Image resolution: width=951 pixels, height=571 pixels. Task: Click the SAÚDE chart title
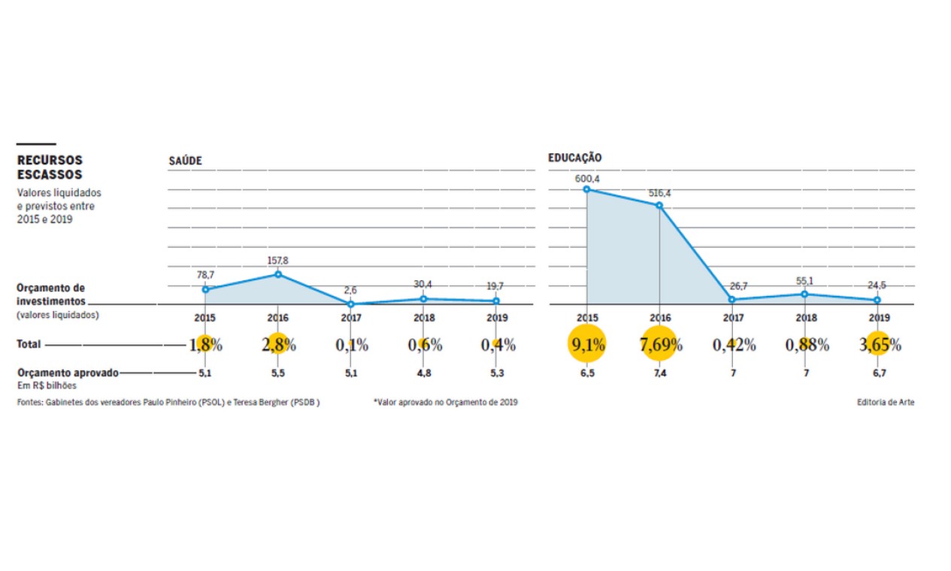click(x=185, y=161)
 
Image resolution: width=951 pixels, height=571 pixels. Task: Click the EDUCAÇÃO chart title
click(x=575, y=158)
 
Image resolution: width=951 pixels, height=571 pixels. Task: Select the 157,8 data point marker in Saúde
click(x=277, y=274)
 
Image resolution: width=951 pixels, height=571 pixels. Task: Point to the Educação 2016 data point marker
click(x=659, y=205)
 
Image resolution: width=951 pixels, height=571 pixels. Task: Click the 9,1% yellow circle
click(x=586, y=345)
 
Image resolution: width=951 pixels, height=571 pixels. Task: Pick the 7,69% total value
click(x=660, y=345)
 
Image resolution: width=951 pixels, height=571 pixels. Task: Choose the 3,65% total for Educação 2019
click(x=879, y=345)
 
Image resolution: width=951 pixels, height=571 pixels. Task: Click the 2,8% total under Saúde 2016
click(x=278, y=345)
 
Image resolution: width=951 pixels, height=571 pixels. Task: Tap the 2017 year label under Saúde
click(x=351, y=318)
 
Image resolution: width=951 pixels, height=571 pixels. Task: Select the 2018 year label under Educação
click(x=806, y=318)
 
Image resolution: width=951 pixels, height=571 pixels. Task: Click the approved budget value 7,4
click(x=660, y=373)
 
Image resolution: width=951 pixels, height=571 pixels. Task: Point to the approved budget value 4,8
click(x=424, y=373)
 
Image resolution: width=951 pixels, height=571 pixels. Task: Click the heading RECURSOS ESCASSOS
click(x=50, y=168)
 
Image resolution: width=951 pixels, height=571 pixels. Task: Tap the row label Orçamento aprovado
click(x=68, y=373)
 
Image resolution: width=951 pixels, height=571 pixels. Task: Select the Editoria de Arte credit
click(x=886, y=402)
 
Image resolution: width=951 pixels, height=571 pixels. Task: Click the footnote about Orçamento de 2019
click(x=445, y=402)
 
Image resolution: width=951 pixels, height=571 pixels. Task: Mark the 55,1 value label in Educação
click(x=806, y=281)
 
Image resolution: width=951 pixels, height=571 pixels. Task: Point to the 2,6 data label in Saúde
click(x=351, y=291)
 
